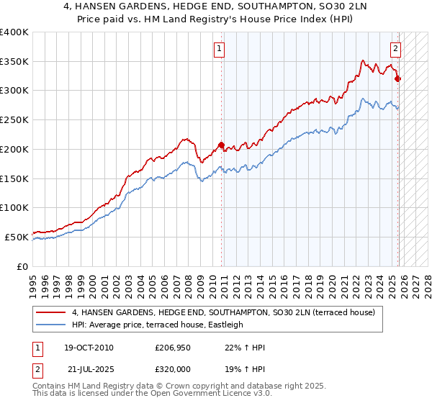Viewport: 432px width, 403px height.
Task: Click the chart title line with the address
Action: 216,6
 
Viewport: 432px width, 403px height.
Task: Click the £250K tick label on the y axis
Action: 14,119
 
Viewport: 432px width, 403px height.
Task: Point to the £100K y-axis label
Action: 14,207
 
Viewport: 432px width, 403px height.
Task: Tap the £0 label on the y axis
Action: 23,266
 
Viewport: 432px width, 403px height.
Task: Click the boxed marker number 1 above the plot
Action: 218,50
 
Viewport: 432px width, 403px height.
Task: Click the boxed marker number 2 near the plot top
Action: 395,50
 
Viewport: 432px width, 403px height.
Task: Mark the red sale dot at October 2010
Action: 221,145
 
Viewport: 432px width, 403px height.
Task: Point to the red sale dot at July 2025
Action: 398,78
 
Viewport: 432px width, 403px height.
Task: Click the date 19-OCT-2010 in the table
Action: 89,348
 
